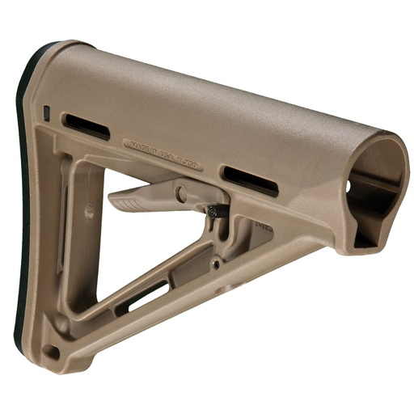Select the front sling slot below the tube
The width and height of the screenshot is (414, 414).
coord(251,180)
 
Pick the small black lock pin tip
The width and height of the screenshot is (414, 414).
coord(213,211)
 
